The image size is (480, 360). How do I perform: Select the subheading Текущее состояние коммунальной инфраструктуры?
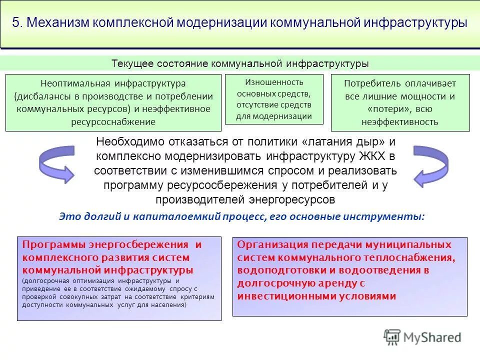click(240, 64)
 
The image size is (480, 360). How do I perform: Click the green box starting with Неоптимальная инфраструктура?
click(113, 102)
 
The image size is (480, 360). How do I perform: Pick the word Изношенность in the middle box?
click(273, 82)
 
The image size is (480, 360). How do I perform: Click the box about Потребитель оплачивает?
click(400, 102)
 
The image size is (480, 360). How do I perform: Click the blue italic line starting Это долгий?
click(242, 217)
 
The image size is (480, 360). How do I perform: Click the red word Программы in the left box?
click(54, 245)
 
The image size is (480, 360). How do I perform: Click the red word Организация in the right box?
click(273, 245)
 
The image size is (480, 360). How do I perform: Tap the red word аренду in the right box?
click(339, 283)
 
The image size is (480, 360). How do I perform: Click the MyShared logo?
click(422, 337)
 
